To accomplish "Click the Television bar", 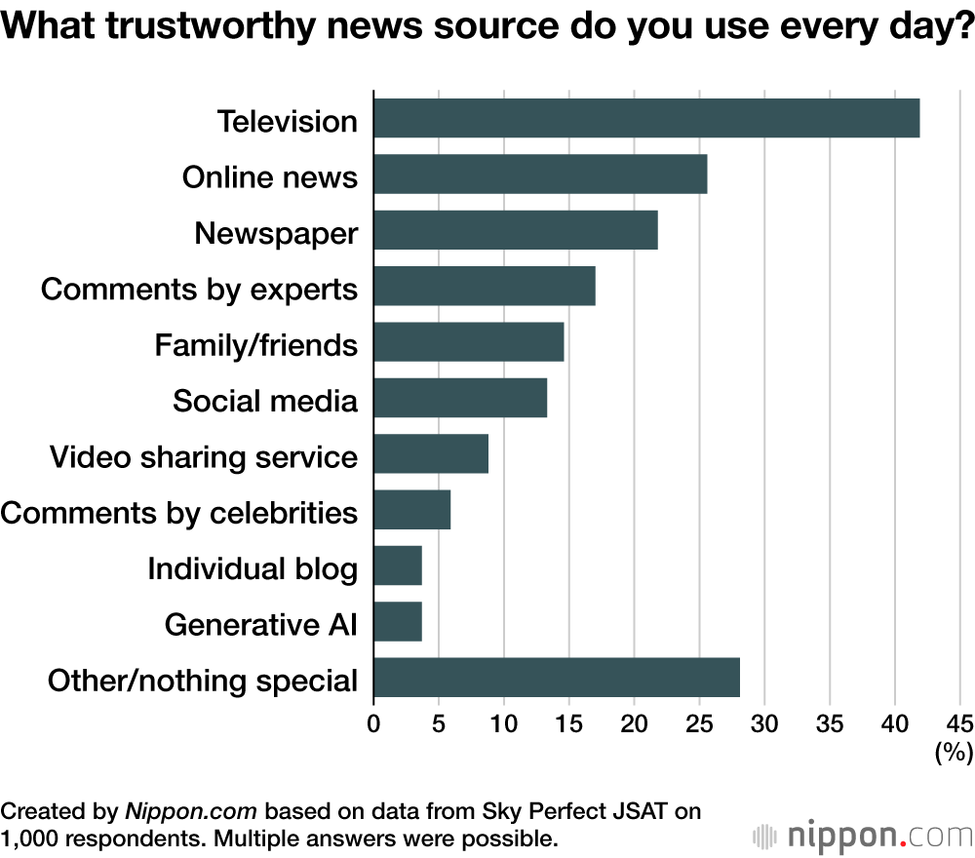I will pos(645,118).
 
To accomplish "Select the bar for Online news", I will pos(539,175).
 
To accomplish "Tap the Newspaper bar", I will pos(515,230).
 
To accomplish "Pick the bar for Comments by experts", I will pos(484,287).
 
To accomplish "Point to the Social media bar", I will pos(459,399).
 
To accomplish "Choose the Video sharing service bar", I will pos(430,454).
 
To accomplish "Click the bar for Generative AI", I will pos(397,621).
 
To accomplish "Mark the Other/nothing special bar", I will pos(556,678).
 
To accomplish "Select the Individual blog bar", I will pos(397,565).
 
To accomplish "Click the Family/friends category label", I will pos(256,345).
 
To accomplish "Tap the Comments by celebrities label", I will pos(178,512).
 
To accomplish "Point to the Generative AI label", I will pos(261,623).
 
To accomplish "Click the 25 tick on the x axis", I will pos(699,724).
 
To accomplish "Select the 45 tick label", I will pos(959,724).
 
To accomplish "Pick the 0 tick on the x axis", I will pos(373,724).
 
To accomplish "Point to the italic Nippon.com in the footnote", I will pos(191,811).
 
